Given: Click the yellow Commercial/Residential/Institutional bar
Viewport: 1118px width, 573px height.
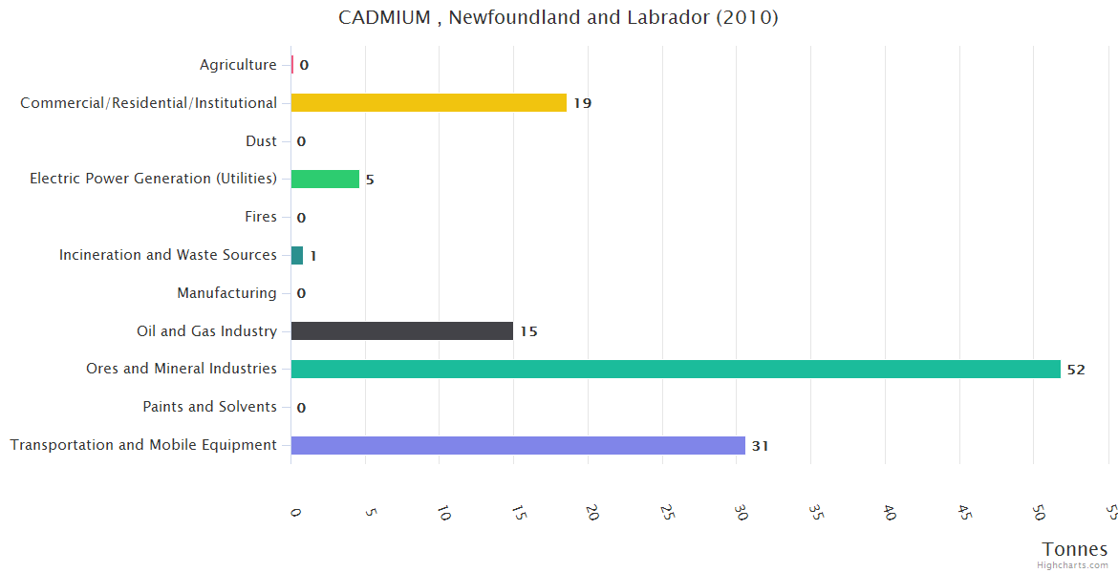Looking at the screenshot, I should point(428,103).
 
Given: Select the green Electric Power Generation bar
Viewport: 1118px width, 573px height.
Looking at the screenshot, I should point(325,179).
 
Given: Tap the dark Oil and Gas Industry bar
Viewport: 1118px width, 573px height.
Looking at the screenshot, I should point(401,331).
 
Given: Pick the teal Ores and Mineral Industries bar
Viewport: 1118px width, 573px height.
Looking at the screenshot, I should point(676,369).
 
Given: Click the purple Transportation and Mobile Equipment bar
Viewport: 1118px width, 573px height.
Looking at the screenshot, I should point(518,445).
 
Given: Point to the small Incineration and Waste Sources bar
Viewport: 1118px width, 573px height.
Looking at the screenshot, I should point(297,255).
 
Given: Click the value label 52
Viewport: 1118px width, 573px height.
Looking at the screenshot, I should point(1076,370).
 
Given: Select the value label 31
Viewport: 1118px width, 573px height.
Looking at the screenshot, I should point(760,446).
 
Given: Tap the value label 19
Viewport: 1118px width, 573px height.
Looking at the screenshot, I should point(582,103).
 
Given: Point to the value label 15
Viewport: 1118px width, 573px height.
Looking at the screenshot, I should point(528,331).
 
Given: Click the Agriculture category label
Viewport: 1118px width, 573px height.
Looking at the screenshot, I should point(238,65).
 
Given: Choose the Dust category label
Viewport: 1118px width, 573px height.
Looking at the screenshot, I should point(261,141).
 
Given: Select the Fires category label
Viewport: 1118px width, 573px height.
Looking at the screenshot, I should point(260,217).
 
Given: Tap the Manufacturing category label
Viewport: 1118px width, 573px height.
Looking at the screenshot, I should point(226,293).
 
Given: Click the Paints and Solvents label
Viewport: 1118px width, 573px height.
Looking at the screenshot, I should point(209,407).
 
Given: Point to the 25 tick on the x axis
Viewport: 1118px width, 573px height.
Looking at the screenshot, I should point(667,514).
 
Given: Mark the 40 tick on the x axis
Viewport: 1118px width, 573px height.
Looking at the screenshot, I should point(890,514).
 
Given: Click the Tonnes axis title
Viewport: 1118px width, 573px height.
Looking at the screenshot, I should point(1075,549).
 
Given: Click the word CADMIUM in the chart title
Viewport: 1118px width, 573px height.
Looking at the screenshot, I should point(384,18).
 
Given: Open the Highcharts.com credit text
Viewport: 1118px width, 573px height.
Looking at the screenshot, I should point(1073,565).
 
